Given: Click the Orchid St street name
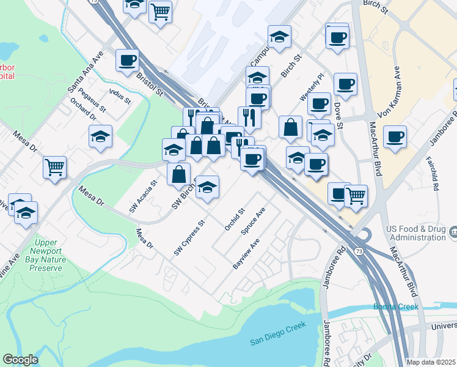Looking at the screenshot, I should pyautogui.click(x=234, y=219).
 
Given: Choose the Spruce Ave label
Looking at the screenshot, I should pyautogui.click(x=253, y=223).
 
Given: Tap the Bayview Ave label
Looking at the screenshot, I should pyautogui.click(x=246, y=254).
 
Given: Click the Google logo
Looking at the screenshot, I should pyautogui.click(x=20, y=360).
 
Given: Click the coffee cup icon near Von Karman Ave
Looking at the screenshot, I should pyautogui.click(x=395, y=136).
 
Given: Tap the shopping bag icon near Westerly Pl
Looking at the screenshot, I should pyautogui.click(x=291, y=127).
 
